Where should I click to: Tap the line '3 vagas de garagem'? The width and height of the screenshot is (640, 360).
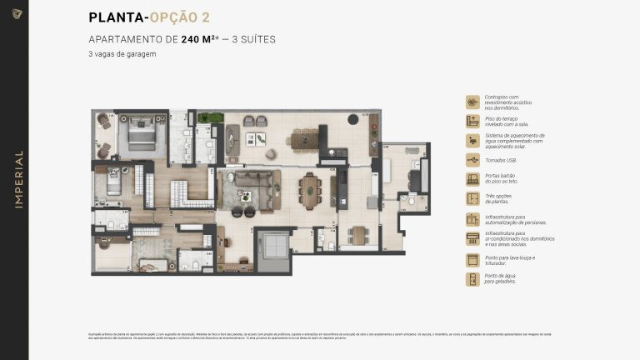pyautogui.click(x=122, y=54)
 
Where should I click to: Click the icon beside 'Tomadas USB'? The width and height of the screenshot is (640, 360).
pyautogui.click(x=472, y=159)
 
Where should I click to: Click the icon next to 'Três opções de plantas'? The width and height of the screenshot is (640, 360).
pyautogui.click(x=472, y=199)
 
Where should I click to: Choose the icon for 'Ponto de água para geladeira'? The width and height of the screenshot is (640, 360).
pyautogui.click(x=472, y=279)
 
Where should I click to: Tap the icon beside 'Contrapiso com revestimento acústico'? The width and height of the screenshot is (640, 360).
pyautogui.click(x=472, y=102)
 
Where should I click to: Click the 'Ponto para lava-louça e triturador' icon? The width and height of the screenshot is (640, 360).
pyautogui.click(x=472, y=259)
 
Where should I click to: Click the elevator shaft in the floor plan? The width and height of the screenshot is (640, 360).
pyautogui.click(x=271, y=248)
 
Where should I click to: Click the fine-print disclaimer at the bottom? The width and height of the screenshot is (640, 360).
pyautogui.click(x=320, y=335)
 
